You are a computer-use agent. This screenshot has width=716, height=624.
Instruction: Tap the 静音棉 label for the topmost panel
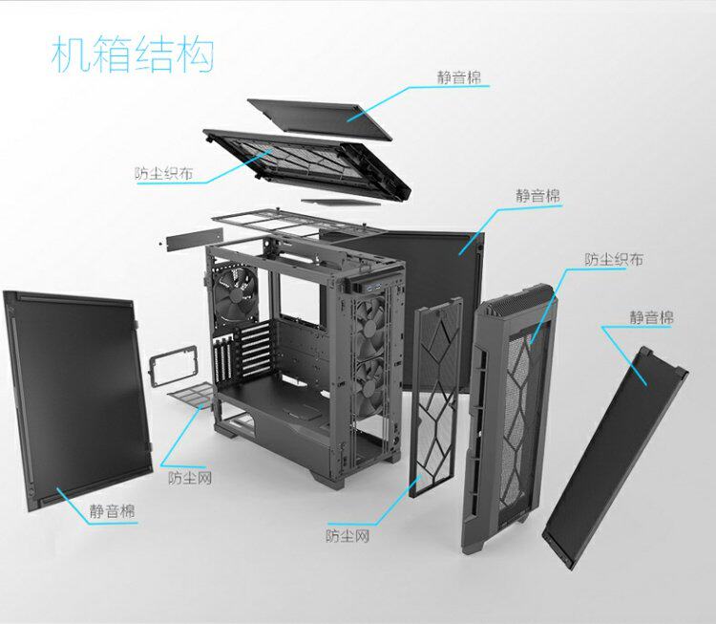coord(459,77)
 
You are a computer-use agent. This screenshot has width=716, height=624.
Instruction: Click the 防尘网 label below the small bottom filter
coord(189,477)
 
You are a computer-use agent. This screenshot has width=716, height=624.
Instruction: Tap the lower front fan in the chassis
coord(369,382)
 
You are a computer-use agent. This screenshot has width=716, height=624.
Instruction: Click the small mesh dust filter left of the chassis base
coord(195,394)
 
